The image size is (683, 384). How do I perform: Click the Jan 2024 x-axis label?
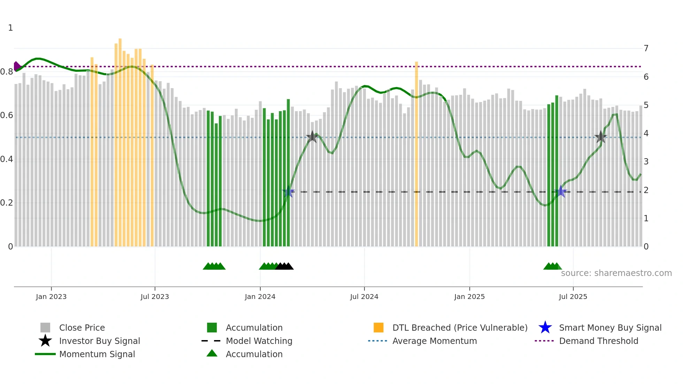tap(260, 297)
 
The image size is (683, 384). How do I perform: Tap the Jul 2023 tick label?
tap(155, 297)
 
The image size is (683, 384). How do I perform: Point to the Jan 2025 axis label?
tap(469, 297)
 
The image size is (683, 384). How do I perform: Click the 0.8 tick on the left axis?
tap(7, 72)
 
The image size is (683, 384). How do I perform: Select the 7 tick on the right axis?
tap(646, 48)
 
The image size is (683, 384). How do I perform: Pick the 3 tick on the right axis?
tap(646, 162)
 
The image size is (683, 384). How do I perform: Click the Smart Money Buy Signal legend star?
tap(545, 328)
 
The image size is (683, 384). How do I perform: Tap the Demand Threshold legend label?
tap(598, 341)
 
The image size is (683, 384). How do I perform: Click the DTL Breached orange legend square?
tap(378, 328)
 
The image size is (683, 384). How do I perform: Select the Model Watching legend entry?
tap(259, 341)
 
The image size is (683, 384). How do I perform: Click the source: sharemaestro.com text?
tap(616, 273)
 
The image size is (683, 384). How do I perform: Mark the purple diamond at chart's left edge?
tap(17, 66)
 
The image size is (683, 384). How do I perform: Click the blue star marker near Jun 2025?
tap(561, 191)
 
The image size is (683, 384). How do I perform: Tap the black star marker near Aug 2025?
tap(600, 137)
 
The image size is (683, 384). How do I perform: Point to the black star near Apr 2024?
tap(312, 137)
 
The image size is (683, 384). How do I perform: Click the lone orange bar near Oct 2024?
tap(416, 153)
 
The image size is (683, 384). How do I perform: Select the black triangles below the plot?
tap(284, 266)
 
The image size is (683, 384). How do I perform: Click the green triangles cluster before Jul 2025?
tap(552, 266)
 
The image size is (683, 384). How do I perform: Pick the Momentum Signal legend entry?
tap(97, 354)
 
